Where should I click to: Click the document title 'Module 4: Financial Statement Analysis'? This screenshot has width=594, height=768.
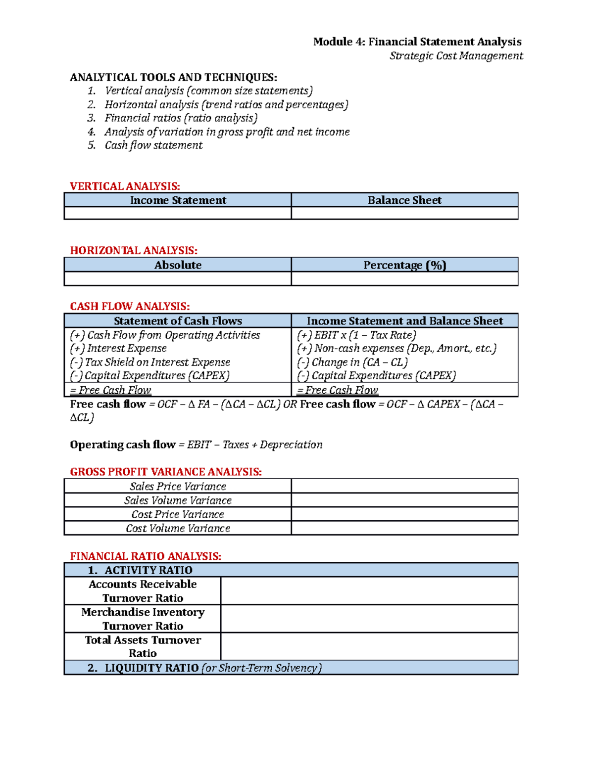coord(417,42)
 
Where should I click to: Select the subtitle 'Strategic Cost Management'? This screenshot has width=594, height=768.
coord(456,56)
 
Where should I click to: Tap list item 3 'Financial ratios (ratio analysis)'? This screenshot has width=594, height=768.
coord(181,118)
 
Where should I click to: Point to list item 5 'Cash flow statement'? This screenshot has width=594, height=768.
coord(153,145)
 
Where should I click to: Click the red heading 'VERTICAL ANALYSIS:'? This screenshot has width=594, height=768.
coord(125,186)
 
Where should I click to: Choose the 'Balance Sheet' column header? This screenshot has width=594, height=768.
coord(404,200)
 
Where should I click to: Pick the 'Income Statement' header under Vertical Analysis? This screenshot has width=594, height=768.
coord(178,200)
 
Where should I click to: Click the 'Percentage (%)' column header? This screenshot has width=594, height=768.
coord(404,265)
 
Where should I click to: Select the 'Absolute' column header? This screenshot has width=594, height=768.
coord(178,265)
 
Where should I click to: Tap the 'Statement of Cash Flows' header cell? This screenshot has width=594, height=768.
coord(178,321)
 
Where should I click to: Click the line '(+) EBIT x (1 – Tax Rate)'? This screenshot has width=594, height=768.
coord(356,335)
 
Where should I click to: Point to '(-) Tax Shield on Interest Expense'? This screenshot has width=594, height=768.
coord(150,362)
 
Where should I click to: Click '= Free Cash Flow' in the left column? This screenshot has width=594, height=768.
coord(110,390)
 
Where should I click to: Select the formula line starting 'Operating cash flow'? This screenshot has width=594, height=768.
coord(196,445)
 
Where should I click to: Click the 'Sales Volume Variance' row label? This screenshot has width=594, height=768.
coord(178,500)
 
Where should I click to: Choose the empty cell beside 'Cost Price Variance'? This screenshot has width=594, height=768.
coord(404,514)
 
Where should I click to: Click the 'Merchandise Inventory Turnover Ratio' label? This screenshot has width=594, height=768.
coord(143,619)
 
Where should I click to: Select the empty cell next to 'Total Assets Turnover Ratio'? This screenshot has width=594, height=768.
coord(369,647)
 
